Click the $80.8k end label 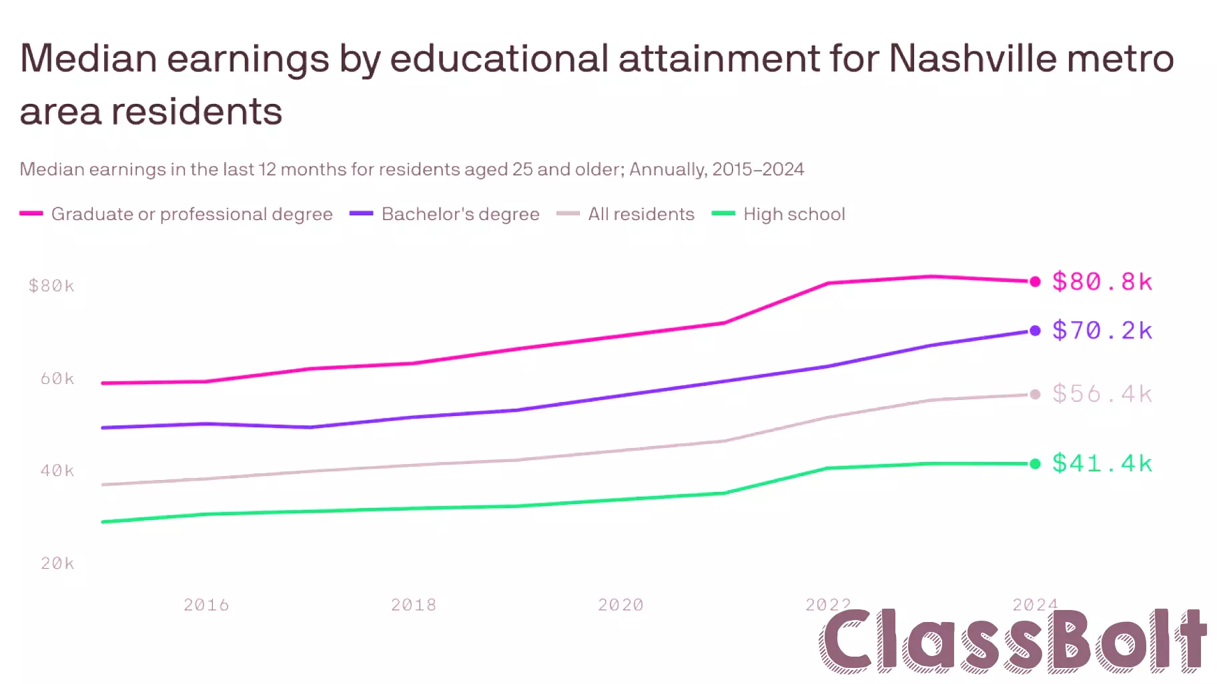[x=1102, y=281]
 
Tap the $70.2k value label [x=1102, y=331]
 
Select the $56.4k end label [x=1102, y=394]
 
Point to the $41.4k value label [x=1102, y=463]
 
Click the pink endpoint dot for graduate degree [x=1035, y=281]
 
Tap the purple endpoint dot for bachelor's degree [x=1035, y=331]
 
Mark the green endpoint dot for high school [x=1035, y=464]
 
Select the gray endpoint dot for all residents [x=1035, y=395]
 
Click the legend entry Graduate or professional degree [x=191, y=214]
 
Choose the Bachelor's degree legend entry [x=460, y=214]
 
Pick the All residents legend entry [x=641, y=214]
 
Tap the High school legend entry [x=793, y=214]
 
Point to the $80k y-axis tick [x=51, y=286]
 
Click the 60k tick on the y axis [x=57, y=379]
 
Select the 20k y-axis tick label [x=57, y=563]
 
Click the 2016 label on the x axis [x=206, y=605]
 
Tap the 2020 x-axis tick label [x=621, y=605]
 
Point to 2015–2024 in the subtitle [x=757, y=169]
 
